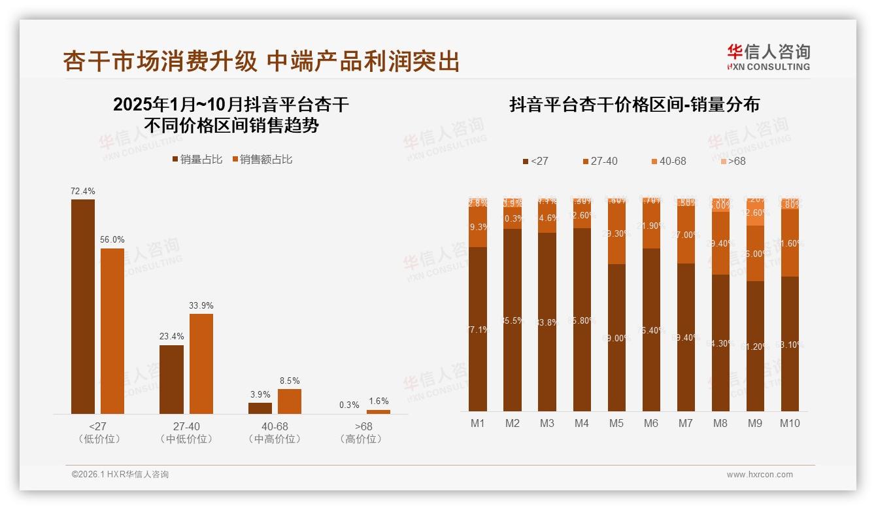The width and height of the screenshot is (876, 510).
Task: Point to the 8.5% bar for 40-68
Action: click(290, 401)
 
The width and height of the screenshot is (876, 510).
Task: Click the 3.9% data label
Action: click(260, 395)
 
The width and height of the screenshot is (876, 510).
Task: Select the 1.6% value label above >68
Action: click(379, 401)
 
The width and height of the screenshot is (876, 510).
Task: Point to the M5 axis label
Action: click(616, 424)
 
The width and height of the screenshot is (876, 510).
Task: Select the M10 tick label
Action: click(790, 424)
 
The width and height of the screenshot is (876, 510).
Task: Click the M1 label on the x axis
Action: click(478, 424)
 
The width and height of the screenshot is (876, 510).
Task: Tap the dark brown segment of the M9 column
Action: click(755, 346)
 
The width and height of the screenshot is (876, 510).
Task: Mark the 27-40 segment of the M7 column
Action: click(686, 235)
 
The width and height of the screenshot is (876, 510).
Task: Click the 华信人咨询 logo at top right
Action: click(768, 58)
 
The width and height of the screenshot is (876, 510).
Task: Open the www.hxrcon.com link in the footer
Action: click(760, 475)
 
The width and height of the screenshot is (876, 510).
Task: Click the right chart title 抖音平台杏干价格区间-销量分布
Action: click(634, 105)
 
